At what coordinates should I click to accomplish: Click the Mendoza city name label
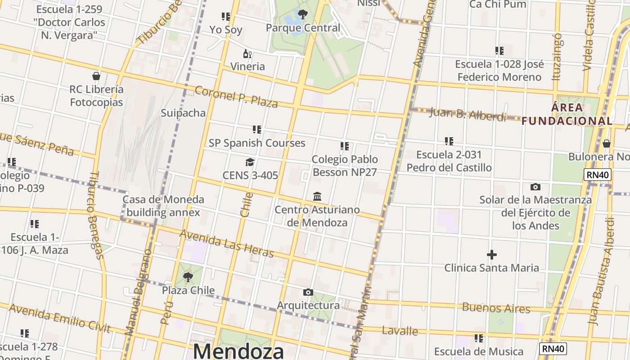coord(238,351)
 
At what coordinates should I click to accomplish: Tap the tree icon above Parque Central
coord(303,14)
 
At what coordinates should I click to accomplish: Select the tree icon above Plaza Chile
coord(188,277)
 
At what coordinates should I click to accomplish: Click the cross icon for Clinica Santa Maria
coord(492,255)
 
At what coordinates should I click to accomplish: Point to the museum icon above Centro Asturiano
coord(317,197)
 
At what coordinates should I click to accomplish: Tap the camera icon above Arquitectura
coord(308,292)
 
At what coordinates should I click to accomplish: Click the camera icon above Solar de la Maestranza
coord(535,187)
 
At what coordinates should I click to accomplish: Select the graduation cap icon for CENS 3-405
coord(250,162)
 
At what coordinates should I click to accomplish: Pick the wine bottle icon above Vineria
coord(247,54)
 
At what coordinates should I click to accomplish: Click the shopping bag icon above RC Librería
coord(96,76)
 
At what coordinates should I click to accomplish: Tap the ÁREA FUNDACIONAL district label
coord(567,114)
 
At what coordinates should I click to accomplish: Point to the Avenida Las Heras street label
coord(226,243)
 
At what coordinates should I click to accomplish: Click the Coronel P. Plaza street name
coord(236,97)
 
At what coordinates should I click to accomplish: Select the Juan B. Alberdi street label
coord(468,114)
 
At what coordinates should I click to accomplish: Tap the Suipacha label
coord(183,113)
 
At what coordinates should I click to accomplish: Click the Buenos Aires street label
coord(496,308)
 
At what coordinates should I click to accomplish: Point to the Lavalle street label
coord(400,331)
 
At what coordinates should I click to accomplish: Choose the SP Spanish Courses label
coord(257,143)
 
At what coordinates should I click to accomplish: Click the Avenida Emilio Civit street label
coord(59,318)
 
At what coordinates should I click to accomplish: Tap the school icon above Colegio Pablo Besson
coord(345,146)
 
